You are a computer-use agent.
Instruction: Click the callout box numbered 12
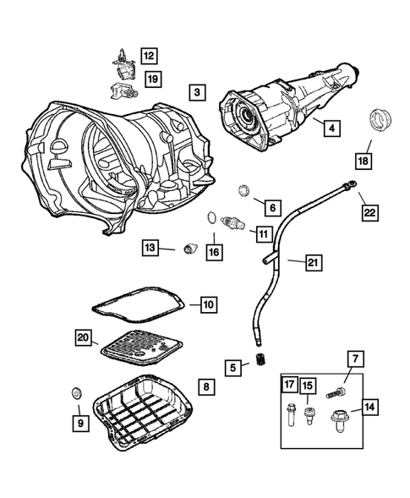click(149, 57)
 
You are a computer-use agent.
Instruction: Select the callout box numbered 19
click(152, 79)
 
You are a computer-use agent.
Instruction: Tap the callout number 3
click(196, 91)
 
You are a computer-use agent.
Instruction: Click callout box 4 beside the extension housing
click(332, 129)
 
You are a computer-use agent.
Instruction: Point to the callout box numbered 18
click(364, 160)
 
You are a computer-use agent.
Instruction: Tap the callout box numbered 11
click(264, 233)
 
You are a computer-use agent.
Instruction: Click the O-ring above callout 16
click(209, 222)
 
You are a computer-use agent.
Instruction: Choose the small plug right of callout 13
click(190, 248)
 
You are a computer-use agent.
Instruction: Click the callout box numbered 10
click(209, 304)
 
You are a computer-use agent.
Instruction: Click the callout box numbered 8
click(206, 386)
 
